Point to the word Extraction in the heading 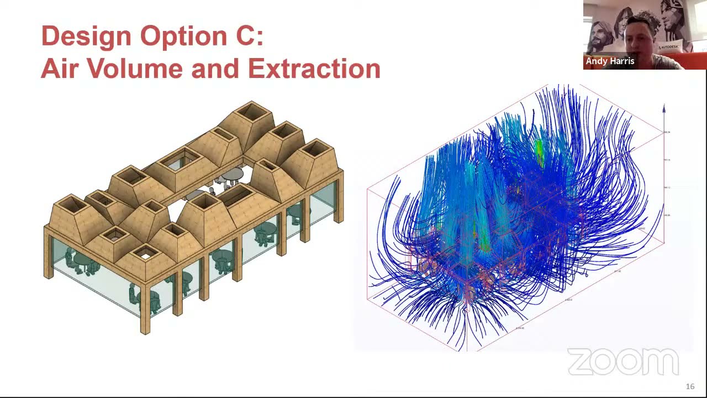click(313, 69)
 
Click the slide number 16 click(690, 386)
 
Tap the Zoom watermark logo click(622, 363)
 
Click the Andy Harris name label click(610, 61)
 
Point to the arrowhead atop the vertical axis click(664, 108)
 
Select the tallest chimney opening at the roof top click(252, 113)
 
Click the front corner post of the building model click(145, 310)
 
